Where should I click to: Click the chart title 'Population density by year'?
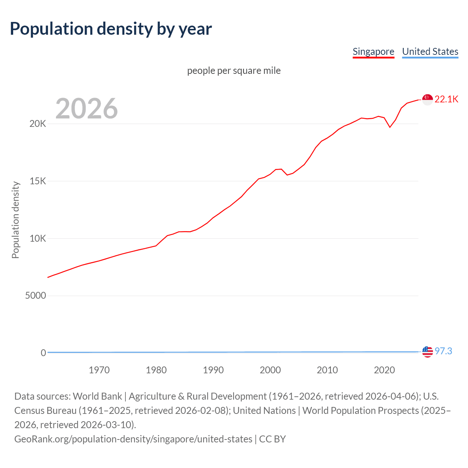click(111, 29)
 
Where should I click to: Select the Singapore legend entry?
click(373, 52)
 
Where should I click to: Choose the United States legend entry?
click(430, 52)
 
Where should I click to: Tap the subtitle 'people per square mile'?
click(234, 71)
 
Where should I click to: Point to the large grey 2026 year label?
click(87, 108)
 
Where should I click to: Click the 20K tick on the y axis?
click(38, 124)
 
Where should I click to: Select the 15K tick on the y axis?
click(38, 181)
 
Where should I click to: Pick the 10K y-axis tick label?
click(38, 239)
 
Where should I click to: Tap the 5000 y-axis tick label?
click(35, 296)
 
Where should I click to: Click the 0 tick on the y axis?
click(44, 353)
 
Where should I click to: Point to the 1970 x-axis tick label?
click(99, 370)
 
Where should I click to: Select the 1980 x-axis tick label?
click(156, 370)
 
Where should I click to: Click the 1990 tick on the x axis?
click(213, 370)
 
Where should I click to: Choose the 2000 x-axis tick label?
click(270, 370)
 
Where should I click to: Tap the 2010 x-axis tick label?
click(327, 370)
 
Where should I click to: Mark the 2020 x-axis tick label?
click(384, 370)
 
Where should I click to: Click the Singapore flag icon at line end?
click(427, 99)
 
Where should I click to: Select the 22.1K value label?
click(446, 99)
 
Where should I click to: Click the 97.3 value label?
click(443, 351)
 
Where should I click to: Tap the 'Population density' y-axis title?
click(15, 220)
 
